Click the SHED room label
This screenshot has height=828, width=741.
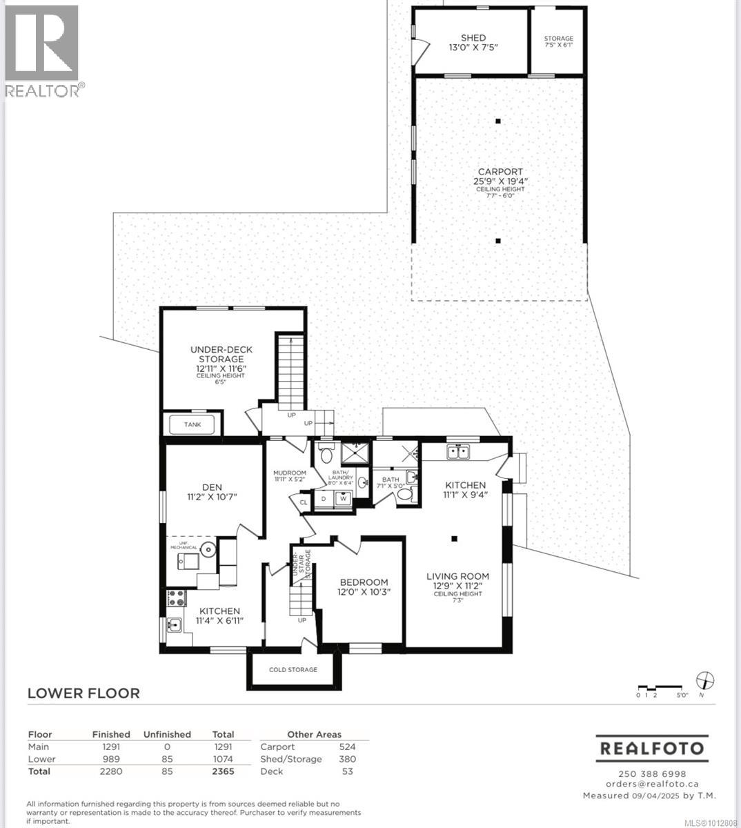(x=473, y=38)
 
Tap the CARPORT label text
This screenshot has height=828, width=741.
(x=500, y=172)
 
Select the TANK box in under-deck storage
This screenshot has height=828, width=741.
(x=192, y=424)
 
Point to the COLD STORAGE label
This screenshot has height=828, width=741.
(x=293, y=669)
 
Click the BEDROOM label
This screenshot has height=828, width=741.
(x=362, y=582)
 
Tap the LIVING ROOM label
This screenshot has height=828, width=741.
(x=457, y=576)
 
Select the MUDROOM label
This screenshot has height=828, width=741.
(x=290, y=473)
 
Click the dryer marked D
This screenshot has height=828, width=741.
(x=324, y=498)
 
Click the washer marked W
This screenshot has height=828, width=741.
(x=342, y=498)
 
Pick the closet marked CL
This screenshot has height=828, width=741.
(x=303, y=502)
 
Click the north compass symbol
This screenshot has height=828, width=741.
(x=705, y=680)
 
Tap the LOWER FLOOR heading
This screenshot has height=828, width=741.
(x=83, y=693)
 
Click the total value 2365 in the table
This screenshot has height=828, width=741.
(x=223, y=771)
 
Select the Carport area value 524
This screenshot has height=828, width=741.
(x=347, y=747)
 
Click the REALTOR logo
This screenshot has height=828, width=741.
(x=43, y=50)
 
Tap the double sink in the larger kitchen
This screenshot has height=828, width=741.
(x=458, y=453)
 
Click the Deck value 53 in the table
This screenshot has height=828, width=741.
(x=347, y=771)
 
